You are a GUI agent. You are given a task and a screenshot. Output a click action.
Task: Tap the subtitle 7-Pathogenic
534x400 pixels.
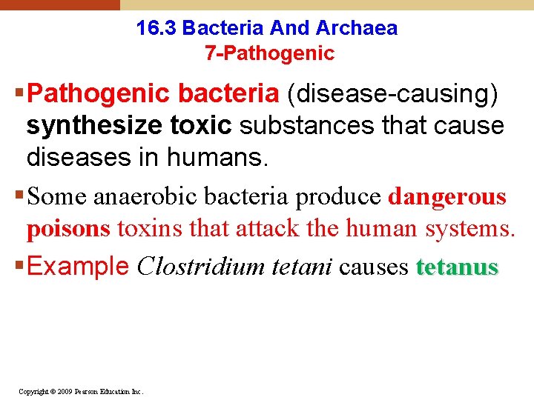point(268,53)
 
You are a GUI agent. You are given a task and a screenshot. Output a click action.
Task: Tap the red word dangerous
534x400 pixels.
point(447,197)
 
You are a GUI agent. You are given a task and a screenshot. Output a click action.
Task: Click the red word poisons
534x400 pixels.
point(67,230)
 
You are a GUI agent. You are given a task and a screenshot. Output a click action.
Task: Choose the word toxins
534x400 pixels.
point(151,230)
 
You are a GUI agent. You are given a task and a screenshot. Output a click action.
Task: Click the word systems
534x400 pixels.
point(469,230)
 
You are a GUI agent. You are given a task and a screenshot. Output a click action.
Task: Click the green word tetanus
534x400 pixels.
point(458,267)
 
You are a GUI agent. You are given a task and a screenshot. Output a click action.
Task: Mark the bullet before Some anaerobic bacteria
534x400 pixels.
point(19,197)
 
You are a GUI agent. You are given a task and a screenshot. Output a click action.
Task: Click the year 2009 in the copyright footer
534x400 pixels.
point(55,391)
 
